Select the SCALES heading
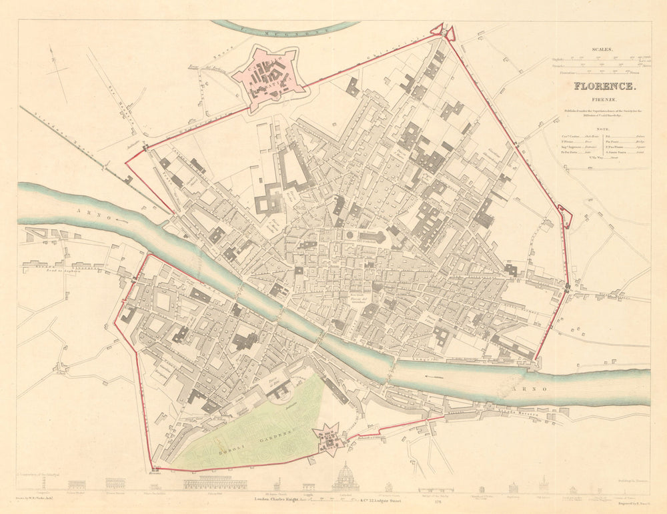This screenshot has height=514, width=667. [602, 49]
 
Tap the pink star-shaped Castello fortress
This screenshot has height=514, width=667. [268, 80]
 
